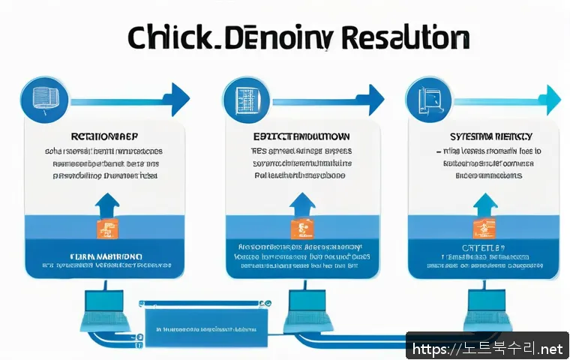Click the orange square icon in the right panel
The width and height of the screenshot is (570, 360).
pos(484,229)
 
